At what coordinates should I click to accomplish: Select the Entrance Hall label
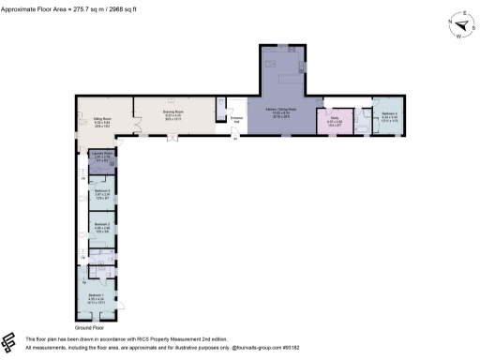pyautogui.click(x=236, y=118)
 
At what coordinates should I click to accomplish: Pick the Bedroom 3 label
pyautogui.click(x=101, y=193)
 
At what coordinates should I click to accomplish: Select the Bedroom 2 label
pyautogui.click(x=101, y=226)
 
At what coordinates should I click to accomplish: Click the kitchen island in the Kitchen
pyautogui.click(x=285, y=73)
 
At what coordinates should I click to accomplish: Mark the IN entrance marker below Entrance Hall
pyautogui.click(x=235, y=141)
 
